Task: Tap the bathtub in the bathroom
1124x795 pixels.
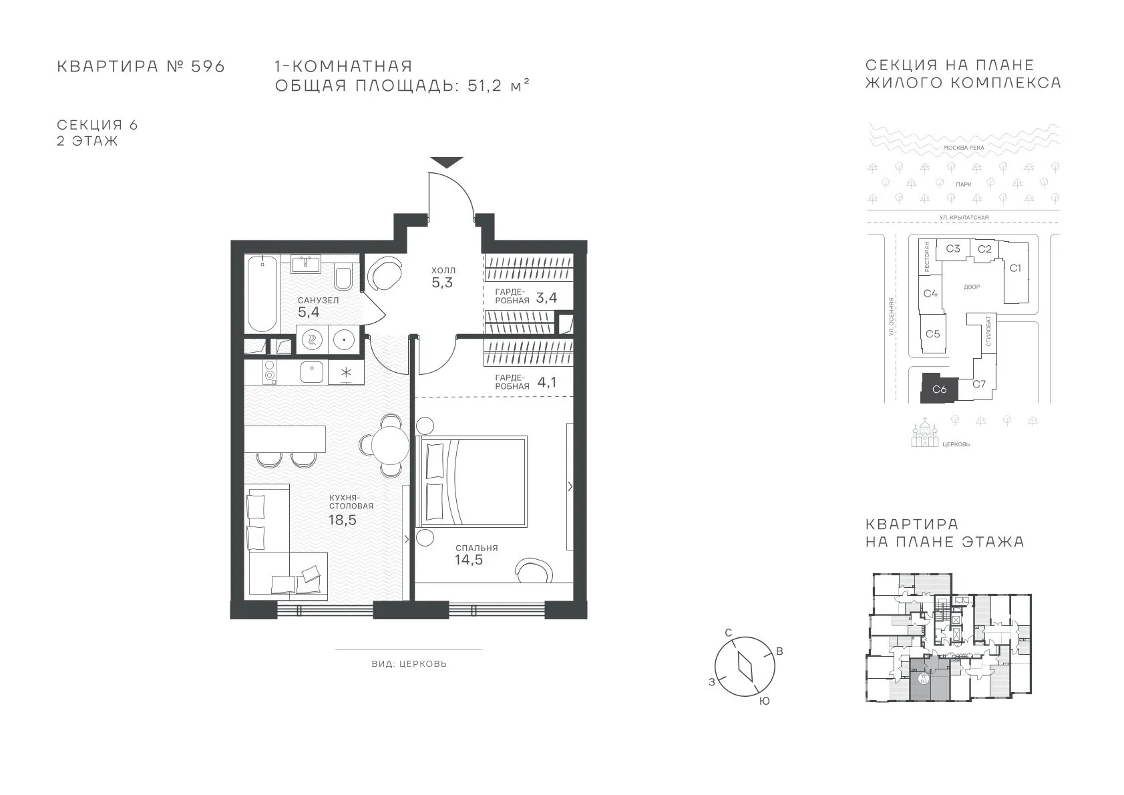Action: point(262,293)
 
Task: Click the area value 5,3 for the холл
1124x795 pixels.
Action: point(442,283)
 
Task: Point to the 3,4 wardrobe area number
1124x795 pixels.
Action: point(546,298)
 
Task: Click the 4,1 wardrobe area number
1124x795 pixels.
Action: point(547,382)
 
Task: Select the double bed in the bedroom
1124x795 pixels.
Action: point(472,481)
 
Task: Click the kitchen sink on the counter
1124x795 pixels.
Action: point(312,372)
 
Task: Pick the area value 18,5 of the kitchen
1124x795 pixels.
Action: point(342,520)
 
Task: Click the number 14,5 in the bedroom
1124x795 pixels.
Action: point(469,560)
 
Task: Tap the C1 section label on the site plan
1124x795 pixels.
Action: point(1015,268)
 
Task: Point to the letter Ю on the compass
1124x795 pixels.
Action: point(764,701)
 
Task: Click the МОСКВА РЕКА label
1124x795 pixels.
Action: point(964,148)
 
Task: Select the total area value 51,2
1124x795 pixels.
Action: point(485,86)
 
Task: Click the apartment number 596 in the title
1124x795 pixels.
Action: point(208,66)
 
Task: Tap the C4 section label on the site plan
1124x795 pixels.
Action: point(930,293)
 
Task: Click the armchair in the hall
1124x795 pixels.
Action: point(385,273)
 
